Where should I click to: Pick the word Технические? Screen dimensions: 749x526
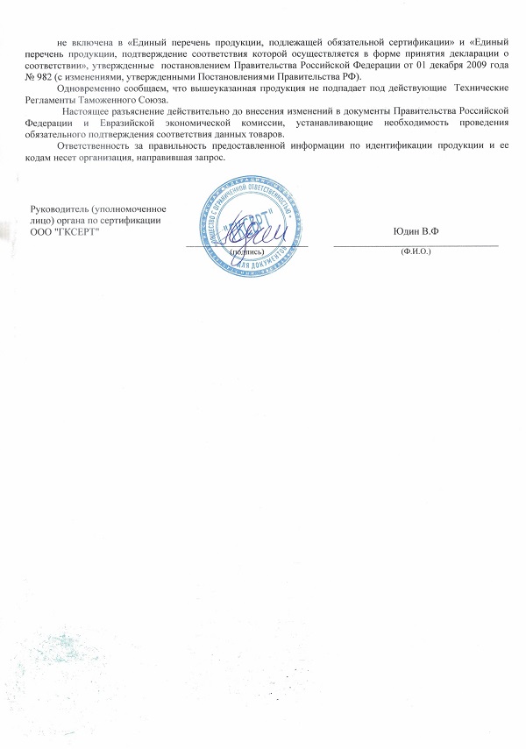[479, 88]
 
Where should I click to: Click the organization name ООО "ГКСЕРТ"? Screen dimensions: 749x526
[65, 230]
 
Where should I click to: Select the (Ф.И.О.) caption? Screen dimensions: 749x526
[416, 251]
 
